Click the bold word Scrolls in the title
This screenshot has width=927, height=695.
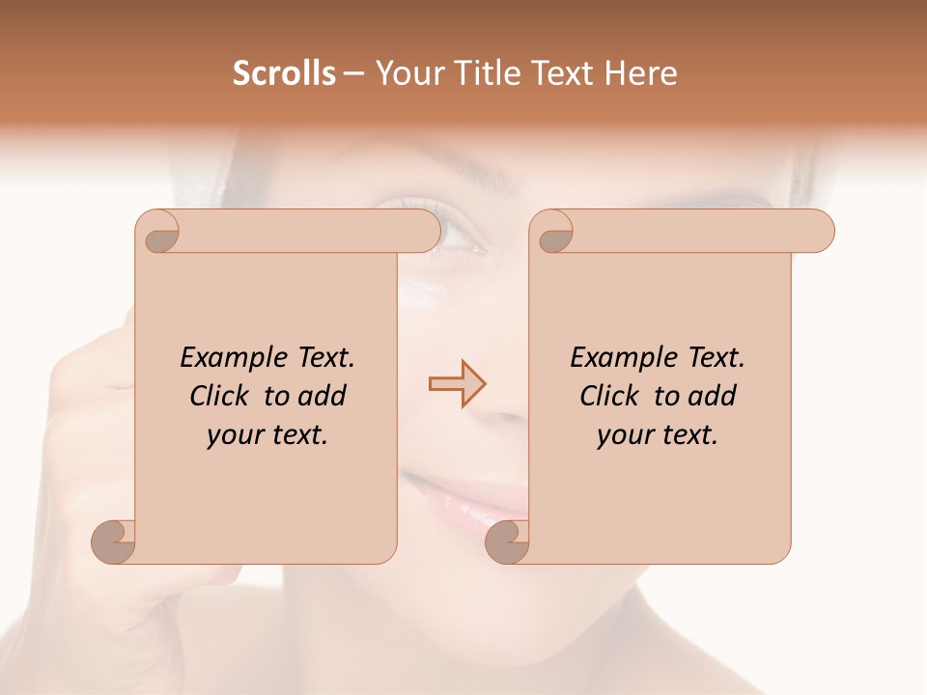click(x=284, y=73)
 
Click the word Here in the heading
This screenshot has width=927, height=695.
click(x=641, y=73)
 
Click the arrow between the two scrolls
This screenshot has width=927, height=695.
click(x=458, y=383)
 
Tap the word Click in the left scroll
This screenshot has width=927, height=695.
click(x=223, y=396)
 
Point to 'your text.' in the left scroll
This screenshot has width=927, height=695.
click(x=267, y=435)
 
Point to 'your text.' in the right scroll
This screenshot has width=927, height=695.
click(x=658, y=435)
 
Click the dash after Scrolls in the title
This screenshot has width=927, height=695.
click(x=353, y=74)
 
